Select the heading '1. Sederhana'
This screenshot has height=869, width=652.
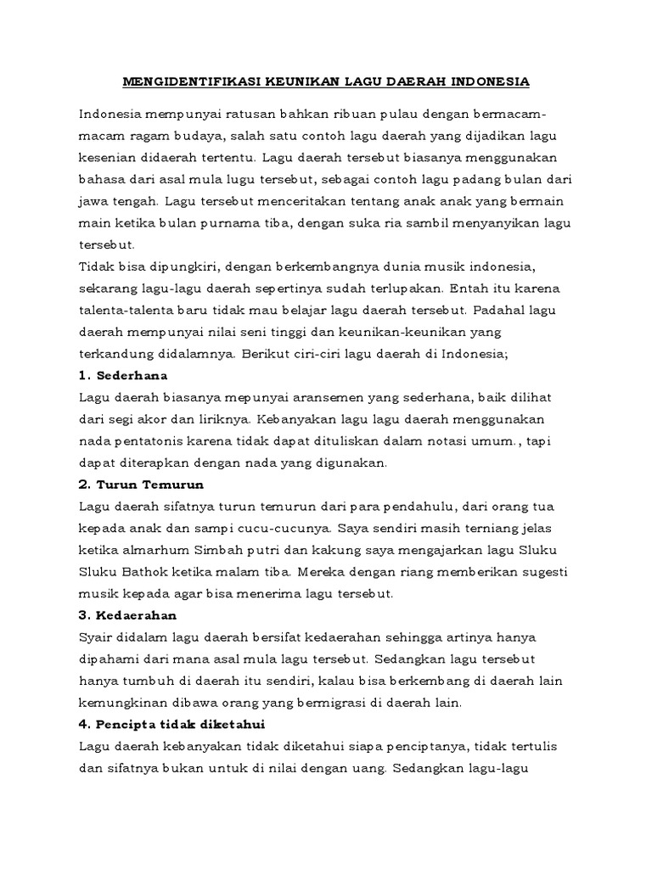pos(123,374)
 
